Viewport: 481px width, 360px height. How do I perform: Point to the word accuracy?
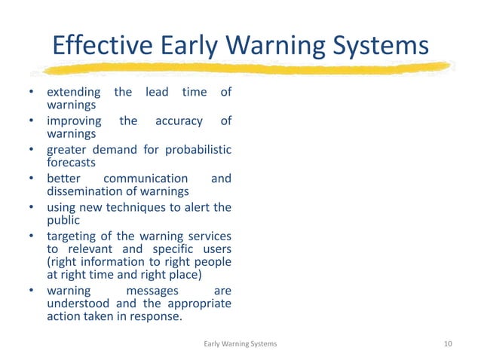click(x=179, y=121)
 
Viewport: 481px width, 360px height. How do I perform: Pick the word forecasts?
click(x=71, y=161)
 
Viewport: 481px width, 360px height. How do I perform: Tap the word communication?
click(x=146, y=178)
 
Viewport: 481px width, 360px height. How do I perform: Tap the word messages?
click(x=152, y=290)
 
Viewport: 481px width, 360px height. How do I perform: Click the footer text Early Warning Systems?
click(x=241, y=343)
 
